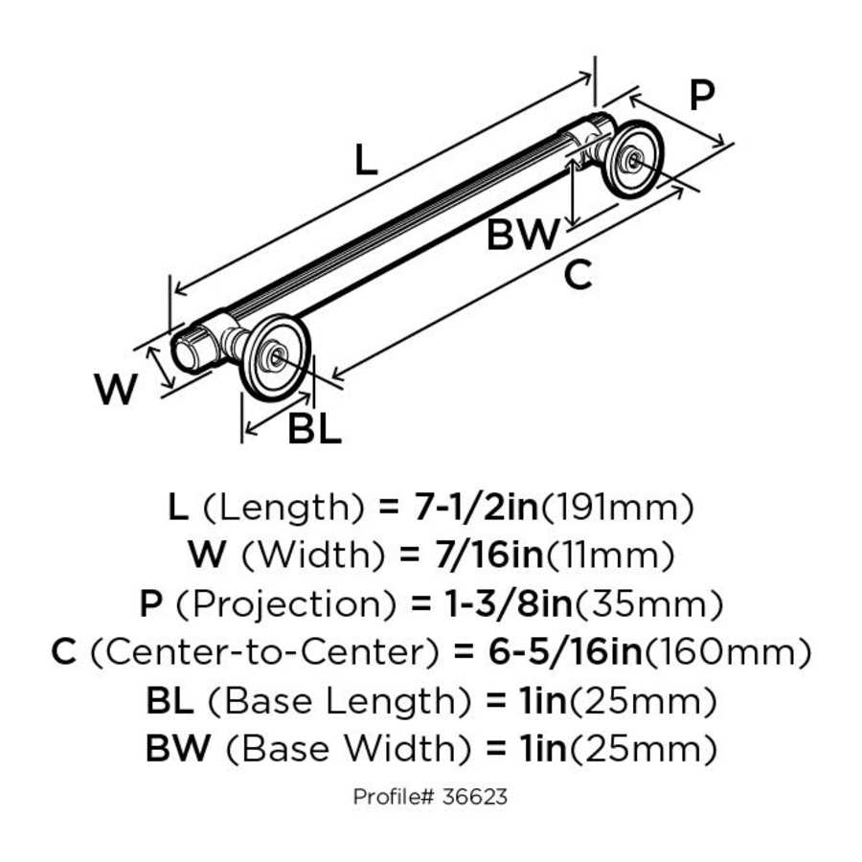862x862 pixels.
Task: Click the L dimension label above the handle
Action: coord(366,160)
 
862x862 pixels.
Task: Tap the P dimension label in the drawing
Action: coord(702,96)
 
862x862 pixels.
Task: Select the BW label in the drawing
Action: coord(523,235)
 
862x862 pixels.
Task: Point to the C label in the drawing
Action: coord(578,276)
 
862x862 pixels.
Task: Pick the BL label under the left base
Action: coord(315,430)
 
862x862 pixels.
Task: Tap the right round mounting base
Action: coord(632,158)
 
